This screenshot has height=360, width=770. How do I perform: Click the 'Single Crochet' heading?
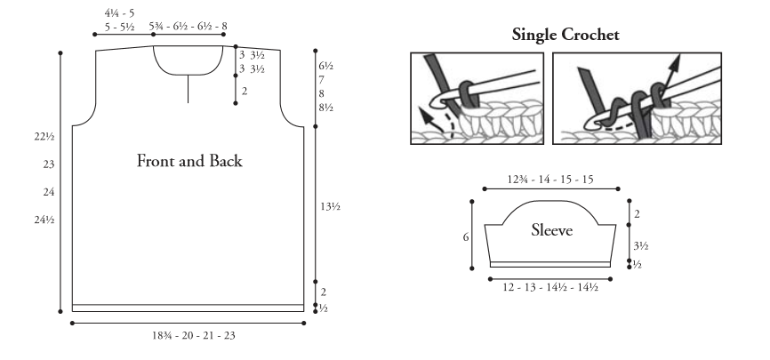565,35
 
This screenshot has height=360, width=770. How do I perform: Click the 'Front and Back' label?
189,161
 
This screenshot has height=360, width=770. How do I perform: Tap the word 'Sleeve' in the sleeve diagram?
551,230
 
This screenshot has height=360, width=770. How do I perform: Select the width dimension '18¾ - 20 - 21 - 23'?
194,335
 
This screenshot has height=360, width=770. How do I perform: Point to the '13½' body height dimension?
331,206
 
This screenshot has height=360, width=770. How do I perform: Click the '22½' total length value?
44,137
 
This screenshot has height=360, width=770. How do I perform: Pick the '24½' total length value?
44,220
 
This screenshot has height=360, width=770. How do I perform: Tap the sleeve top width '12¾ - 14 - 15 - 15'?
550,180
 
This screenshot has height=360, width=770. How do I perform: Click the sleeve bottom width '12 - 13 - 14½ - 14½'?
550,287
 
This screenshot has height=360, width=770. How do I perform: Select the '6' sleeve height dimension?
466,237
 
